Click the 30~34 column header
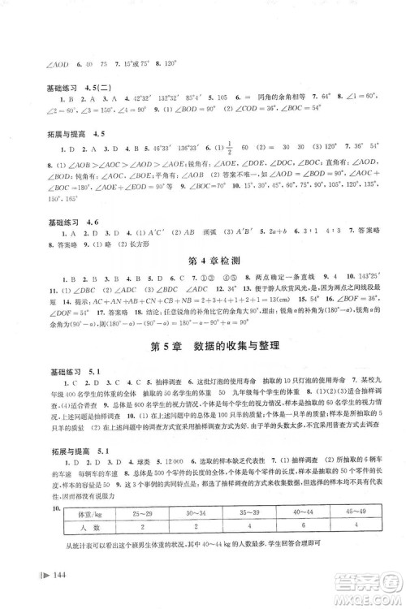pos(201,537)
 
